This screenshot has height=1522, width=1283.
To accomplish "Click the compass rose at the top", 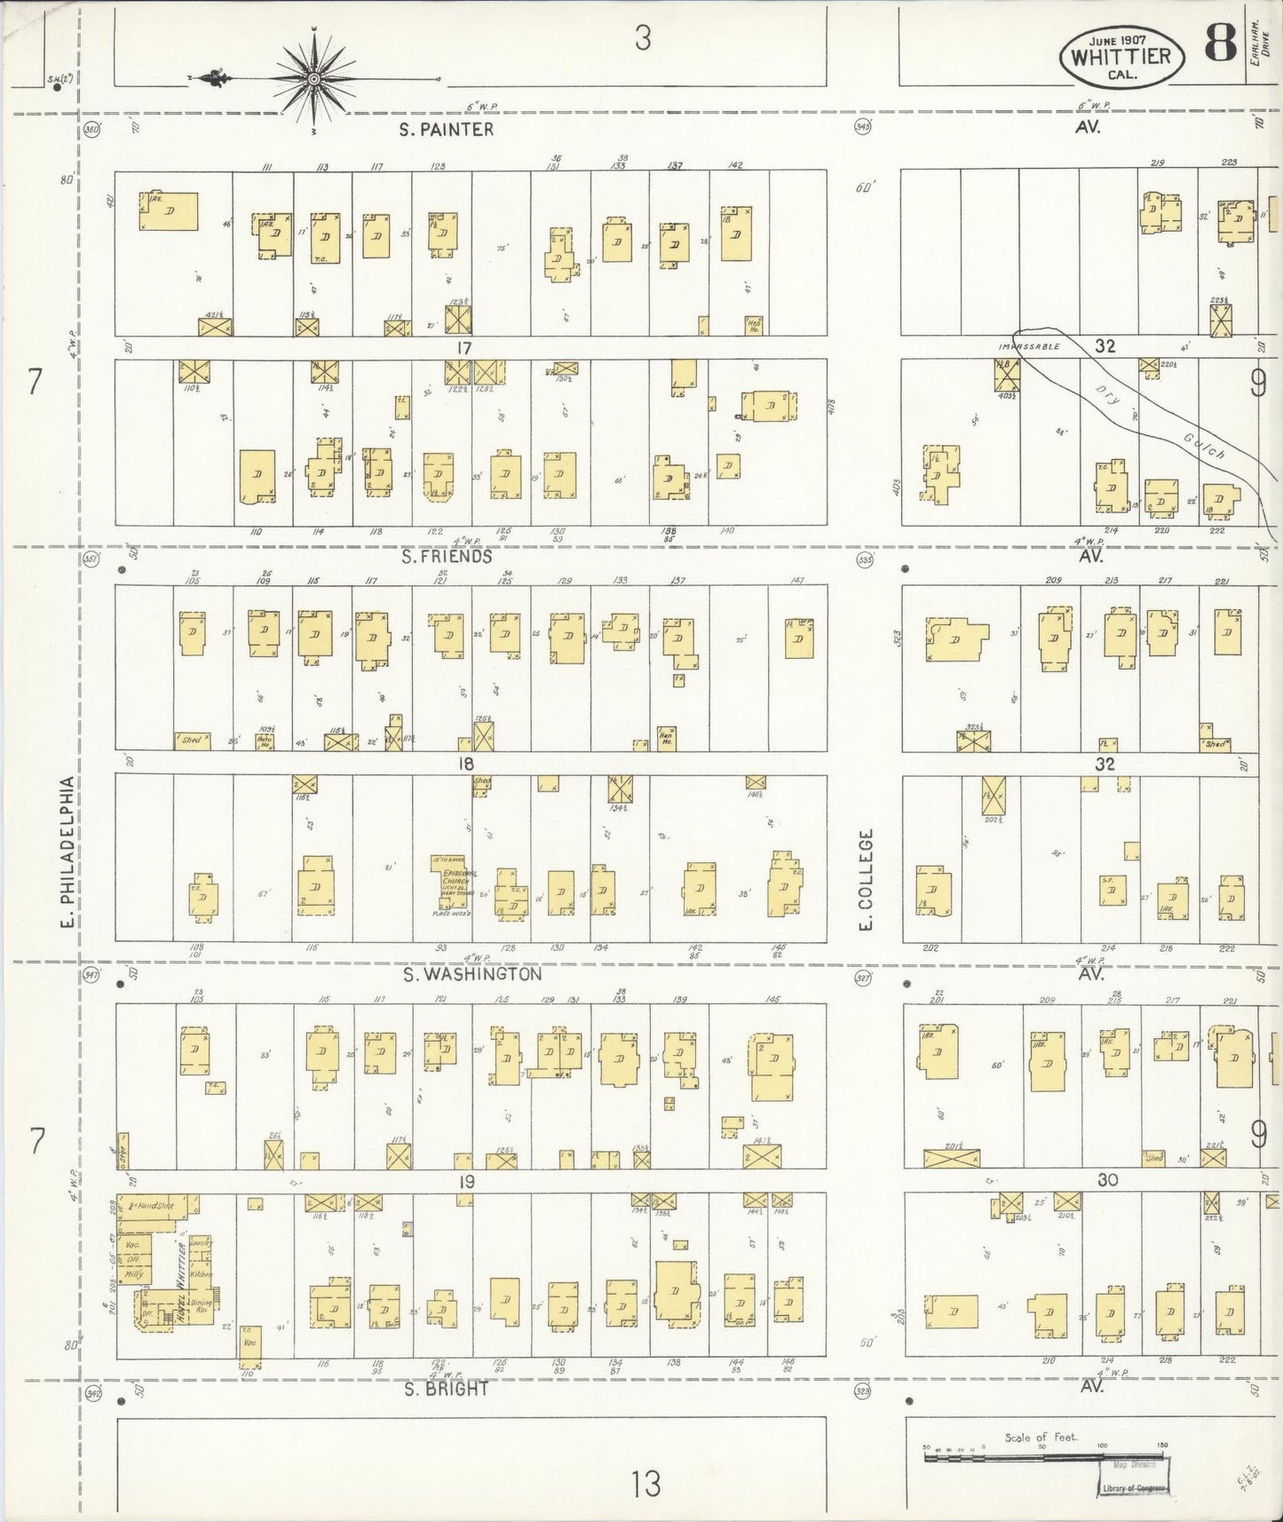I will coord(314,80).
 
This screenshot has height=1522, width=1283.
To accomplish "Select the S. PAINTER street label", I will coord(446,130).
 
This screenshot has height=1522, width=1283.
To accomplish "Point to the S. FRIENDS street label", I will coord(446,557).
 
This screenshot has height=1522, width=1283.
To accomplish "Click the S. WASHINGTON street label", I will coord(471,974).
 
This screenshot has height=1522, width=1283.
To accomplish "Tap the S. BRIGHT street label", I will coord(446,1389).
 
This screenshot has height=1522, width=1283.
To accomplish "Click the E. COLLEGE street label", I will coord(867,879).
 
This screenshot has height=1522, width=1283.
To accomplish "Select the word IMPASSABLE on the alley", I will coord(1030,346).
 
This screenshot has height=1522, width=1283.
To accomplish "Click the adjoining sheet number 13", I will coord(646,1482).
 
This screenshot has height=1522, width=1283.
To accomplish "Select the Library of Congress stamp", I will coord(1130,1487).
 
